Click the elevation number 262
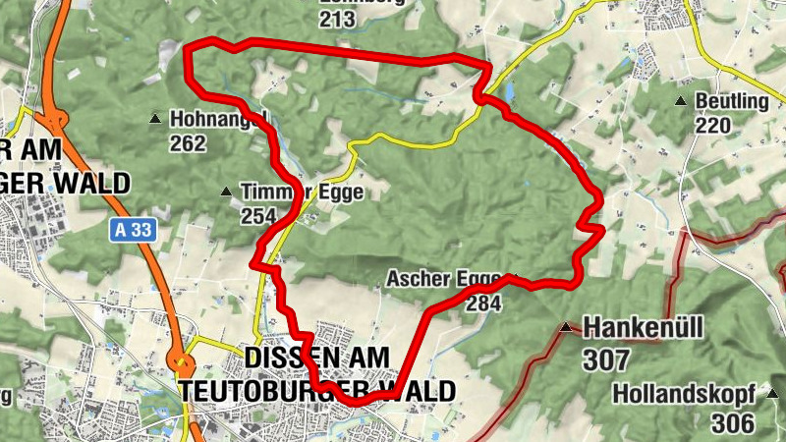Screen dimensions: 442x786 [188, 144]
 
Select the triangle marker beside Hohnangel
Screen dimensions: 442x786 [154, 120]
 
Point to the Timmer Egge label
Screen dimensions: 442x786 [302, 193]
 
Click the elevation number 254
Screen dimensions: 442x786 [259, 216]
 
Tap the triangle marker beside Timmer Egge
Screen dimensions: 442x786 [227, 192]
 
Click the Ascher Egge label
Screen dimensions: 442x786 [444, 279]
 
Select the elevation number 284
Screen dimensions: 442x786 [483, 304]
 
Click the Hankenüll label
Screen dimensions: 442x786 [644, 327]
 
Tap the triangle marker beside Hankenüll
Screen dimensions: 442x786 [565, 327]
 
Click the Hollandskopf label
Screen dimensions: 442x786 [684, 394]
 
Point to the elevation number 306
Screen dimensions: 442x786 [735, 423]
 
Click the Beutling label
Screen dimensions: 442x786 [731, 101]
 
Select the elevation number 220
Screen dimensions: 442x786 [714, 125]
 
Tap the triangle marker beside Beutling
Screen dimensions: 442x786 [680, 101]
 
